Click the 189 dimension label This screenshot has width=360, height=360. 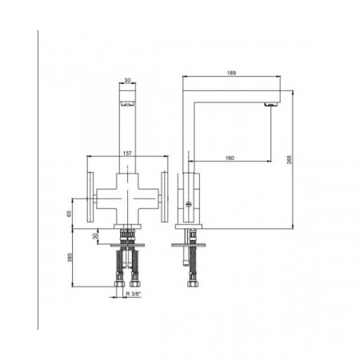pos(231,73)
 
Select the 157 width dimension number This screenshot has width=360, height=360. pos(127,154)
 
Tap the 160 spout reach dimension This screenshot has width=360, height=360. pos(230,158)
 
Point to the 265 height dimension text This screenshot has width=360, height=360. pos(290,159)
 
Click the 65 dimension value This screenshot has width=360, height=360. pos(70,214)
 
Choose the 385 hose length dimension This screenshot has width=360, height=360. pos(70,258)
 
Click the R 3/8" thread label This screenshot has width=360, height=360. pos(134,294)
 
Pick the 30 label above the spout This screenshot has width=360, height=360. pos(127,80)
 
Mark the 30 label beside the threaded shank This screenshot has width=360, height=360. pos(94,236)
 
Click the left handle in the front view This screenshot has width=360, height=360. pos(90,197)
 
